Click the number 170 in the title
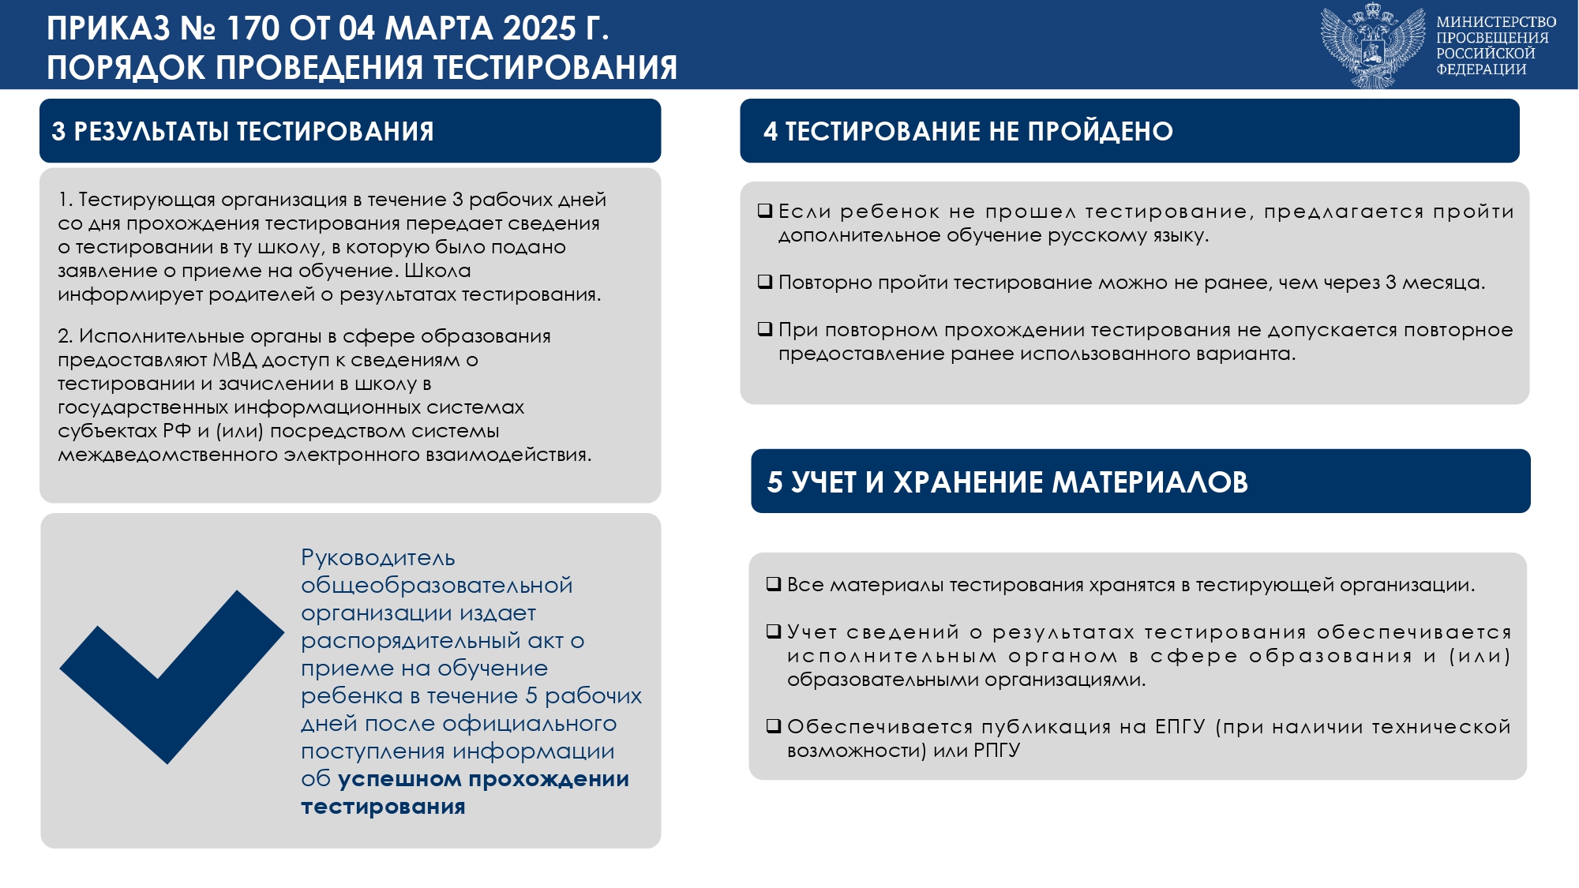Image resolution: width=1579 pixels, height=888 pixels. [253, 29]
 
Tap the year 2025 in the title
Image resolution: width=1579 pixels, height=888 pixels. [539, 29]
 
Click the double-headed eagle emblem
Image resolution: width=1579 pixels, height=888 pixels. [1373, 46]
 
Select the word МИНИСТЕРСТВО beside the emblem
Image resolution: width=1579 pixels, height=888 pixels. [1496, 22]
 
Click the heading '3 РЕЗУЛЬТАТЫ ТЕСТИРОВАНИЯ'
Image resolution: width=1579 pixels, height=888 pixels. [242, 131]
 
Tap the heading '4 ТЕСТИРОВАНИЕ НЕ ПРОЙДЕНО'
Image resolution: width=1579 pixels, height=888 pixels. [968, 131]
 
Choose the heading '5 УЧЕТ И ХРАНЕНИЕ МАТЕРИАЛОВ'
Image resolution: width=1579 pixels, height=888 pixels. [1007, 481]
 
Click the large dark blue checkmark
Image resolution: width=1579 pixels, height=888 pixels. [171, 676]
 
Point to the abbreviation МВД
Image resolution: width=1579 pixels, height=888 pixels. [234, 360]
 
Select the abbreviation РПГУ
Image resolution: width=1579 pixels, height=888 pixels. [997, 750]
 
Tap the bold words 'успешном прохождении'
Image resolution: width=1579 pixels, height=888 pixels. [484, 780]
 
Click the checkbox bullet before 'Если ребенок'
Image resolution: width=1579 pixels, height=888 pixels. [764, 211]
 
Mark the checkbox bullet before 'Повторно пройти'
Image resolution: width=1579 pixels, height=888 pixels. [764, 282]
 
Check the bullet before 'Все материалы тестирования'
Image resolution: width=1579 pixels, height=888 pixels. [774, 584]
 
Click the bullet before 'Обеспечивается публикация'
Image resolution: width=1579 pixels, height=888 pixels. [774, 726]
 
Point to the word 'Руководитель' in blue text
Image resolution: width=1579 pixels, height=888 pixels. [378, 558]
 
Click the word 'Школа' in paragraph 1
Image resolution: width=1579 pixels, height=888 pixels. [437, 271]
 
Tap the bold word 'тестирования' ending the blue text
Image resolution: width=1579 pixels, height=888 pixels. [383, 807]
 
